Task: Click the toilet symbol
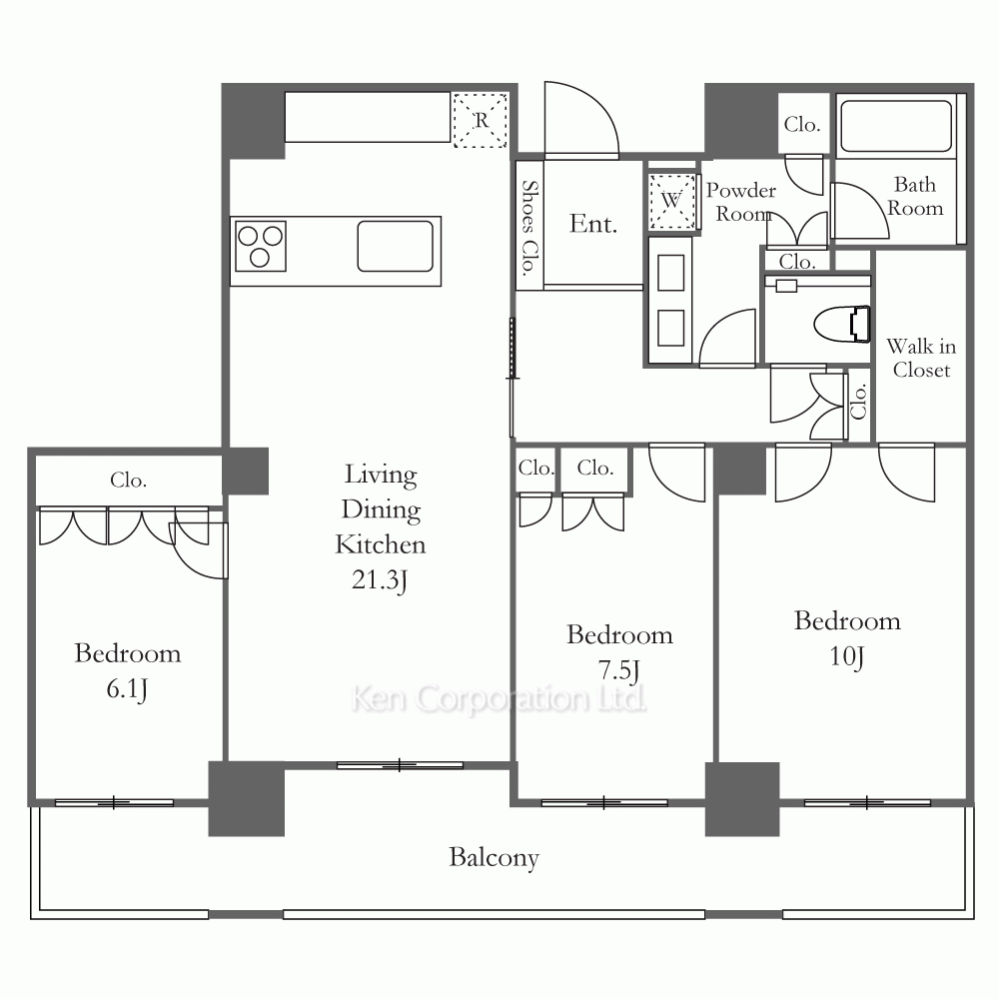point(843,324)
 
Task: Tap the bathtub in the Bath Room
point(896,126)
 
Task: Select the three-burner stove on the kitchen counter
point(260,246)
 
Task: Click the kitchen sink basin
point(395,246)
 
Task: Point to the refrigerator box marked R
point(481,121)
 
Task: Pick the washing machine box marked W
point(671,202)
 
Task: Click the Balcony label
point(494,857)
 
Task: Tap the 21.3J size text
point(380,579)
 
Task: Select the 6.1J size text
point(127,688)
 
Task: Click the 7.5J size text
point(618,670)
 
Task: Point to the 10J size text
point(847,656)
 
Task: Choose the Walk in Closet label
point(921,358)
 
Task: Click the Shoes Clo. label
point(529,228)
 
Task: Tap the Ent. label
point(593,224)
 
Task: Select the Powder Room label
point(741,202)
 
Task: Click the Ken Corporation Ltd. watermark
point(499,699)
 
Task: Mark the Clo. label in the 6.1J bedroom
point(128,480)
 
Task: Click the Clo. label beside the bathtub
point(801,124)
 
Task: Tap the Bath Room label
point(915,196)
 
